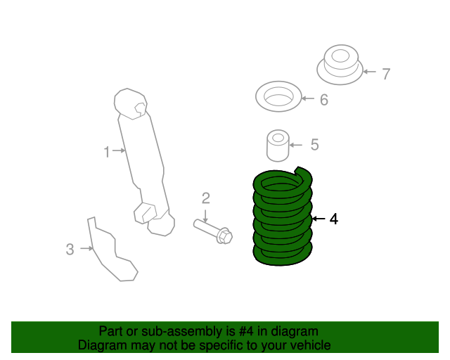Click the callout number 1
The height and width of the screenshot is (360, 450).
(x=107, y=152)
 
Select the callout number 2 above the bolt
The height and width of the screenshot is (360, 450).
(x=206, y=198)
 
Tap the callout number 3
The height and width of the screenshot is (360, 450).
(x=70, y=249)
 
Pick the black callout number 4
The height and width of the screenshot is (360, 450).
(x=334, y=219)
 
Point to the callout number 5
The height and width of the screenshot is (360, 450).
(x=315, y=144)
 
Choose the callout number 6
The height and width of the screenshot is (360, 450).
(x=324, y=100)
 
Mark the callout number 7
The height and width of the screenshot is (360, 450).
(x=386, y=74)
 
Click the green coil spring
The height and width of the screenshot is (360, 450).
(x=283, y=217)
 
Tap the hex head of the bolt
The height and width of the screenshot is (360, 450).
(x=224, y=236)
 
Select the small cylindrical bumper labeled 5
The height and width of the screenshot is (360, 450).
(x=278, y=146)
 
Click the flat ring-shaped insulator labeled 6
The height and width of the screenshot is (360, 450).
(x=278, y=96)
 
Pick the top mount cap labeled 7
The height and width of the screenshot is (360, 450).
(x=340, y=65)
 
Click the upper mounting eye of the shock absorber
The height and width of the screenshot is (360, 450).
(x=131, y=103)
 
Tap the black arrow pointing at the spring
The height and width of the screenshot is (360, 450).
(x=319, y=219)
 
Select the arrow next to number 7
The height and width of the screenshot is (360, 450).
(x=370, y=72)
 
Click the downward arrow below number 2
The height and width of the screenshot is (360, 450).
(x=205, y=216)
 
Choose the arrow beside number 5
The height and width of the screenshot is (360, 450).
(x=295, y=145)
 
